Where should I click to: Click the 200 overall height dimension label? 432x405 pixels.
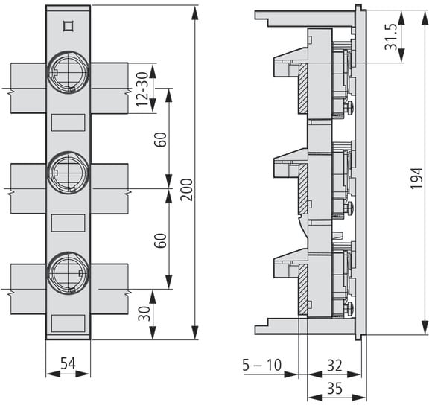(186, 190)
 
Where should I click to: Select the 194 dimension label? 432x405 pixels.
(416, 178)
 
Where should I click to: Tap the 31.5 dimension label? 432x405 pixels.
(391, 37)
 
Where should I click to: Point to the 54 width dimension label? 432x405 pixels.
(68, 363)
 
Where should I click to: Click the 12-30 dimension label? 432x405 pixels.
(142, 89)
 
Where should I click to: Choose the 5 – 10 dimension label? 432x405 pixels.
(261, 365)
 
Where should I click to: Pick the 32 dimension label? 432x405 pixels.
(334, 366)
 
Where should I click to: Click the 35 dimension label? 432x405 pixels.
(334, 389)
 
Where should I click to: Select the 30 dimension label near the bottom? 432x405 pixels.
(144, 313)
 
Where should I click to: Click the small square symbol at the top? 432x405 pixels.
(68, 26)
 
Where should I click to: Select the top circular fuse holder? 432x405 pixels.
(68, 72)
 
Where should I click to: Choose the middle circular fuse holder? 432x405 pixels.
(68, 173)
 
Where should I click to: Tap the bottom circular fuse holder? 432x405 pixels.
(68, 273)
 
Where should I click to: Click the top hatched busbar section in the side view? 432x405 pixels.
(303, 89)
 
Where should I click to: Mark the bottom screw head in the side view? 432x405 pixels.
(349, 307)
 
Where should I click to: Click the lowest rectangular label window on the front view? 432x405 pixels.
(68, 324)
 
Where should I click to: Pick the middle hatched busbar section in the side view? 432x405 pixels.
(303, 189)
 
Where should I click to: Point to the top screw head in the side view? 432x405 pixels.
(349, 106)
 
